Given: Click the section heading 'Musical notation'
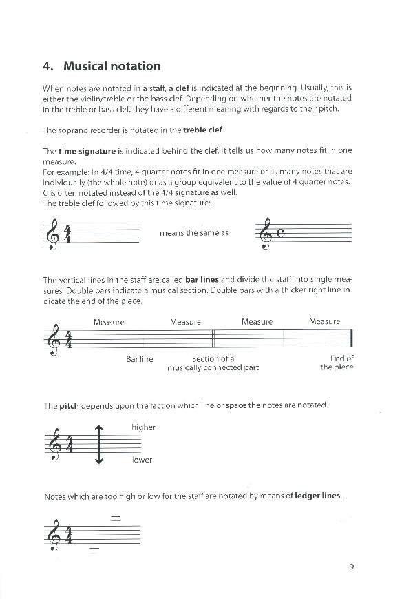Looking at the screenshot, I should coord(112,66).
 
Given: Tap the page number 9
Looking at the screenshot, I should coord(351,567).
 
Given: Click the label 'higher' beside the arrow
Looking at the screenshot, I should coord(143,427).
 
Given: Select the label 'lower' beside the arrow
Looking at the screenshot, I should coord(142,460).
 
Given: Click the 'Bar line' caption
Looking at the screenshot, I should coord(140,359).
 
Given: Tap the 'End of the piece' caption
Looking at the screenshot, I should coord(337,363).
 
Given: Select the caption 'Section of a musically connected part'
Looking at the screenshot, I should coord(213,363).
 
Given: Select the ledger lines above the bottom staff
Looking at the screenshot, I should coord(116,518).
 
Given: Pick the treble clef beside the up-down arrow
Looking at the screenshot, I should coord(53,445).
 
